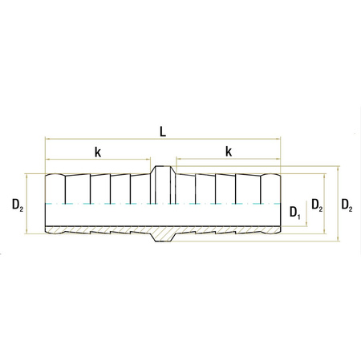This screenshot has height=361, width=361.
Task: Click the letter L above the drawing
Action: point(163,132)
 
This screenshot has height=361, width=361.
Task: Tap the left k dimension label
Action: point(98,152)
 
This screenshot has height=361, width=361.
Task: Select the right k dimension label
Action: point(229,152)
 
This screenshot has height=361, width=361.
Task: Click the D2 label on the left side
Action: point(18,205)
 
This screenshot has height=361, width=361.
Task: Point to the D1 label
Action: point(295,213)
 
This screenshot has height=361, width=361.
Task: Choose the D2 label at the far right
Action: point(347,205)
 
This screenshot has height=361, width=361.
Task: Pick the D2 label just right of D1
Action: point(317,205)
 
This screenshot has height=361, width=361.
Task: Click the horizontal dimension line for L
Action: point(163,139)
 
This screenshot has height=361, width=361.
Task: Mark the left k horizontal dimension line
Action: point(98,160)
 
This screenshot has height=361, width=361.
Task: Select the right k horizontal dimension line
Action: point(228,159)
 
